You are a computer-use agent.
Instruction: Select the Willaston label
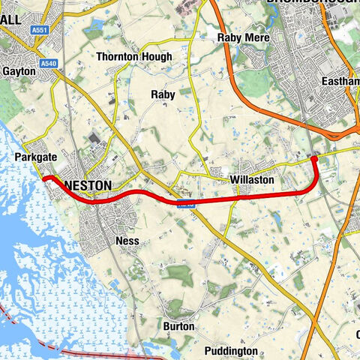pyautogui.click(x=252, y=181)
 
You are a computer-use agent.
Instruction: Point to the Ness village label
pyautogui.click(x=127, y=241)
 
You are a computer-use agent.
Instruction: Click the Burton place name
pyautogui.click(x=178, y=327)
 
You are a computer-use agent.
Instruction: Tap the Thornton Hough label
pyautogui.click(x=134, y=57)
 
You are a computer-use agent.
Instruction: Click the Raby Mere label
pyautogui.click(x=243, y=37)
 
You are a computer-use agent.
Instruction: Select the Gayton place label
pyautogui.click(x=19, y=71)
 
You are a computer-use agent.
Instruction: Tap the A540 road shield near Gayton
pyautogui.click(x=49, y=64)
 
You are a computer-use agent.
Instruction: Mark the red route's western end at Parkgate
pyautogui.click(x=44, y=178)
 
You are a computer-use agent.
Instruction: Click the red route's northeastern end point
pyautogui.click(x=314, y=157)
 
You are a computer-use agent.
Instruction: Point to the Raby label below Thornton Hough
pyautogui.click(x=163, y=94)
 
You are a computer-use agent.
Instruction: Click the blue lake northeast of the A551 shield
pyautogui.click(x=94, y=31)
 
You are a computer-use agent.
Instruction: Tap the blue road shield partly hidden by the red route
pyautogui.click(x=186, y=203)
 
